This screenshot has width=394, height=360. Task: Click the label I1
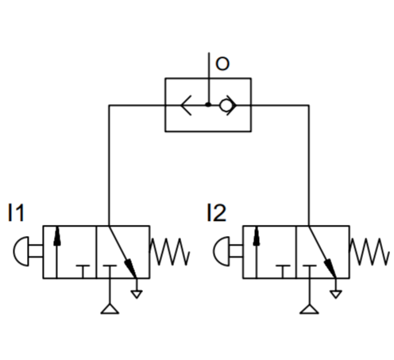(x=16, y=212)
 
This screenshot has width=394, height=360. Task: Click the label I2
(x=216, y=212)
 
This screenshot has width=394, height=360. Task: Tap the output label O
(x=222, y=64)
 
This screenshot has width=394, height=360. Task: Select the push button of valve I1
(x=21, y=251)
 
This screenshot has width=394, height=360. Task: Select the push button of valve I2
(x=222, y=251)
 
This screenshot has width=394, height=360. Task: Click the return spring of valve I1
(x=169, y=251)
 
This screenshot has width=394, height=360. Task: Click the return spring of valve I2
(x=369, y=251)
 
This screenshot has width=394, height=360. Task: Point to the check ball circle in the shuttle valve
(x=226, y=106)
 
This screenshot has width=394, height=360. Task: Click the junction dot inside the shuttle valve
(x=208, y=105)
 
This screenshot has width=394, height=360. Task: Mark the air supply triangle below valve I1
(x=110, y=309)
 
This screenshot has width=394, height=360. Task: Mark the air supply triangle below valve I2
(x=309, y=309)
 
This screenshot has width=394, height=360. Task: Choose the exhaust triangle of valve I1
(x=137, y=294)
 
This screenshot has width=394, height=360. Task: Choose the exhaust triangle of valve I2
(x=336, y=294)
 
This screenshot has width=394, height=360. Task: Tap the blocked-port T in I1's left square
(x=83, y=271)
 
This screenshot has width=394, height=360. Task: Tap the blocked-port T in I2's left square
(x=283, y=271)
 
